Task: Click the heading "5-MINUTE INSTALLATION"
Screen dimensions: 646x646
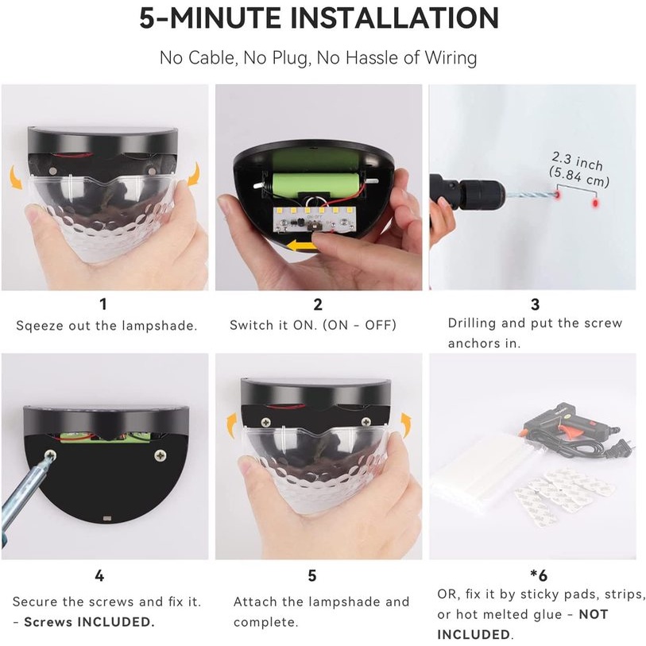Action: click(319, 18)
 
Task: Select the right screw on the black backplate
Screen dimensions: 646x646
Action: click(160, 456)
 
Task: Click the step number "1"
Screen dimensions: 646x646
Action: click(103, 304)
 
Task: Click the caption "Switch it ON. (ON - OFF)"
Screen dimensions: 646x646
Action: click(313, 325)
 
